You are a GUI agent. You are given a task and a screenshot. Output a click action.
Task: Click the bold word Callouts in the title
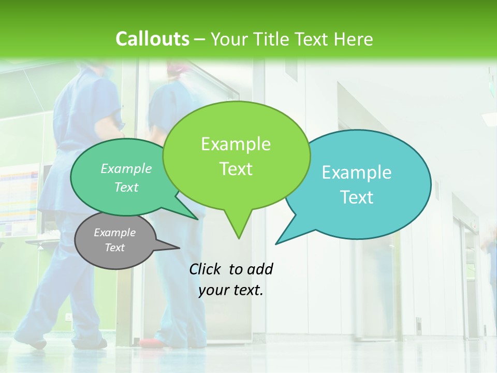(x=152, y=39)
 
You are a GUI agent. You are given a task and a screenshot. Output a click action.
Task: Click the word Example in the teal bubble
(x=357, y=173)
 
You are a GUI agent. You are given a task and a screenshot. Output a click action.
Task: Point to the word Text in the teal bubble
(x=357, y=197)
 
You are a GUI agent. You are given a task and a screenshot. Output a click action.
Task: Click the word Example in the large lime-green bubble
(x=236, y=144)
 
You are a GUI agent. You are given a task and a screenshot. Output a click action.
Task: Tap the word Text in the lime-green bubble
(x=236, y=169)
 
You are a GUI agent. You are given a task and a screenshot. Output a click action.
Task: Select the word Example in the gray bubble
(x=114, y=233)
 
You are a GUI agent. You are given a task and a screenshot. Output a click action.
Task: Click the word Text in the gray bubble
(x=114, y=248)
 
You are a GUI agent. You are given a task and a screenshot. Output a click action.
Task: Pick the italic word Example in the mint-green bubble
(x=126, y=168)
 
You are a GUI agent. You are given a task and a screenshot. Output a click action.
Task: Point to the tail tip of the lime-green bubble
(x=238, y=238)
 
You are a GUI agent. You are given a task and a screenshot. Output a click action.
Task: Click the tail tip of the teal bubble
(x=276, y=243)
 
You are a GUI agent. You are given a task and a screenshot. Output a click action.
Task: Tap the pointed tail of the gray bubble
(x=178, y=248)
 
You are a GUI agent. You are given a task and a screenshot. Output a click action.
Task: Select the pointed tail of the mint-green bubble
(x=197, y=219)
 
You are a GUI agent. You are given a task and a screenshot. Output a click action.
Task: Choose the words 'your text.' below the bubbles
(x=231, y=291)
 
